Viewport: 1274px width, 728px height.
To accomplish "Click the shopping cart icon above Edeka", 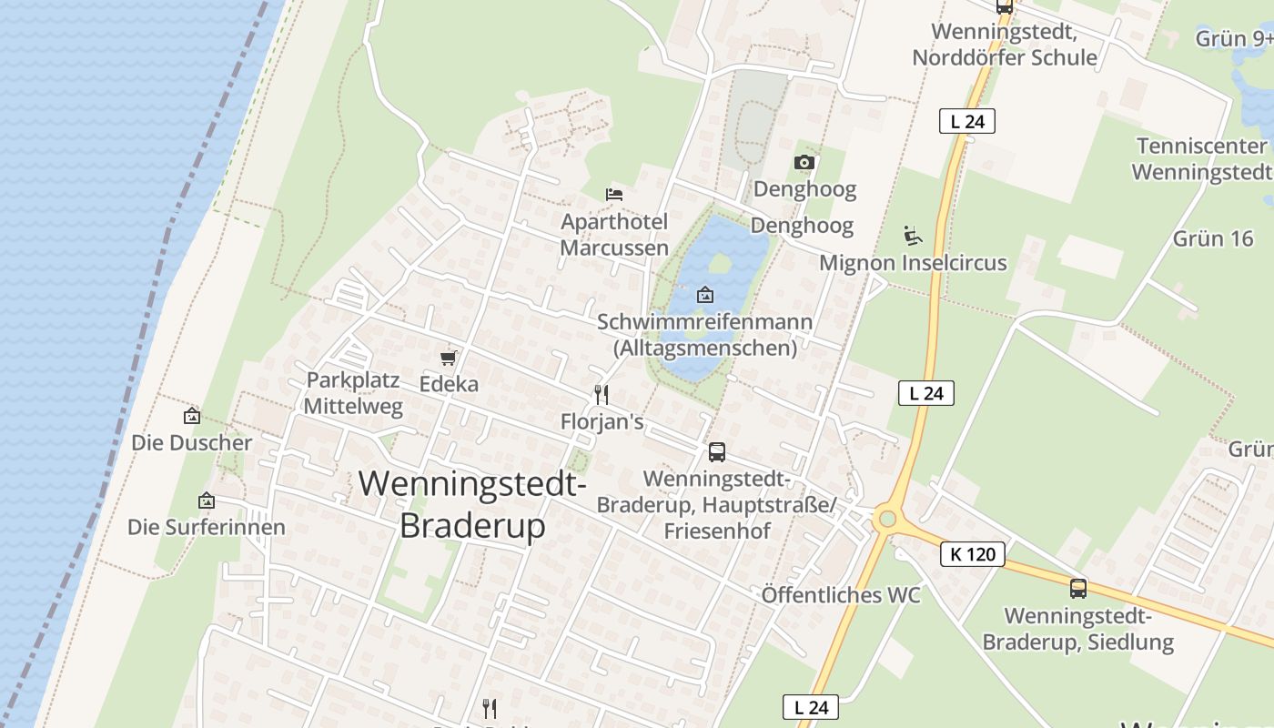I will click(x=448, y=358).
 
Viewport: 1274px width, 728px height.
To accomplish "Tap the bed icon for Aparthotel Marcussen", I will click(x=614, y=194).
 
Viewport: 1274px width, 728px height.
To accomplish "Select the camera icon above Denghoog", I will click(x=804, y=162).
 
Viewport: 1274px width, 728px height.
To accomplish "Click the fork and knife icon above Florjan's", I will click(x=601, y=394).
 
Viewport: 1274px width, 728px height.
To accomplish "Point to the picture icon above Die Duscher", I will click(x=192, y=416).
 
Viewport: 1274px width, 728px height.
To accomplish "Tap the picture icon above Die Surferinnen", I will click(x=207, y=500).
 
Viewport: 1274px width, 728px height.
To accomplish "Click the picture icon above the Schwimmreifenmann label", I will click(x=704, y=295).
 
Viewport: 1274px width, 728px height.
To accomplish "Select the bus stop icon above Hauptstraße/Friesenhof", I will click(x=717, y=451).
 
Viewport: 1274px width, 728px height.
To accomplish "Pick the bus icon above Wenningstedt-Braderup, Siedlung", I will click(x=1078, y=588).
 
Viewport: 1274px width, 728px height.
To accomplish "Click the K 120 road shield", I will click(x=973, y=553).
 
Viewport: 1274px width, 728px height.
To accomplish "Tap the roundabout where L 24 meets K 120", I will click(x=886, y=520).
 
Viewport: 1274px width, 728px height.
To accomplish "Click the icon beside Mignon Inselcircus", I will click(x=913, y=236).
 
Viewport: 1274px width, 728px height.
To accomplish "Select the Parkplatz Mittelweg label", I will click(x=353, y=393).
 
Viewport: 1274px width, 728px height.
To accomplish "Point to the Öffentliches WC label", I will click(x=841, y=595).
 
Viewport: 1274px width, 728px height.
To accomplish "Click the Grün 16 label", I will click(x=1213, y=238).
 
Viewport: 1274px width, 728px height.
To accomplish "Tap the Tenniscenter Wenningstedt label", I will click(x=1202, y=158).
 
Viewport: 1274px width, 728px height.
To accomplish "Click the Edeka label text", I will click(x=449, y=384).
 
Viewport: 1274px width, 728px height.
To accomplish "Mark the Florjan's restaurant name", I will click(x=602, y=421).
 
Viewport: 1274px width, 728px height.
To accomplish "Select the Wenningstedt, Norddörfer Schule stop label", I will click(x=1005, y=45).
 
